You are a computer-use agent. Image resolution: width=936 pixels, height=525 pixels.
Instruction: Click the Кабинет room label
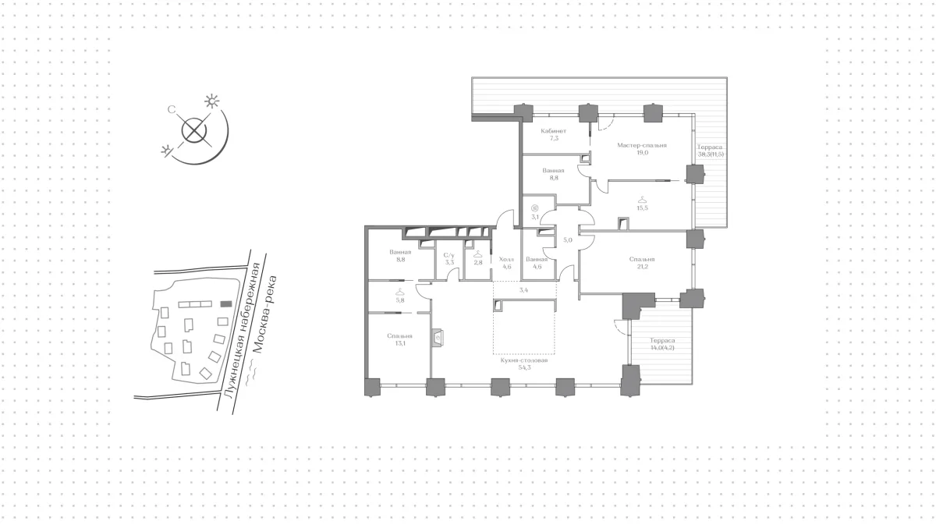pos(554,131)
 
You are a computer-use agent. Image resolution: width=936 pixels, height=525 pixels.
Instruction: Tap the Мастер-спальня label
pos(642,145)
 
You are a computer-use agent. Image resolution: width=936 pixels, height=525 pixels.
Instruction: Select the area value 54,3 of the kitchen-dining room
pos(524,368)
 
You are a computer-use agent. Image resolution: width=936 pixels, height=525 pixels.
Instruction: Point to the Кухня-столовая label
pos(524,360)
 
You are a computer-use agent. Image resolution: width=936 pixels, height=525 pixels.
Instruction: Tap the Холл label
pos(506,259)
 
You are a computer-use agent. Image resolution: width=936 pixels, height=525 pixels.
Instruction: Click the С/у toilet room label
pos(449,255)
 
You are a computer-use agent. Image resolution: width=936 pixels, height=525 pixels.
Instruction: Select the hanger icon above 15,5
pos(642,200)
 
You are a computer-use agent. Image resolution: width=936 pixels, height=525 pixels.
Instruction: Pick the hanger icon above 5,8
pos(400,292)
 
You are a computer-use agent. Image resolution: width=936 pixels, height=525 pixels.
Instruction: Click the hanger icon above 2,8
pos(478,254)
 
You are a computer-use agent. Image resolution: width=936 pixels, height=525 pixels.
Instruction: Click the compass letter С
pos(172,110)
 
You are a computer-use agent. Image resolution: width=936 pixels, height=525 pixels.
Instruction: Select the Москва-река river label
pos(265,314)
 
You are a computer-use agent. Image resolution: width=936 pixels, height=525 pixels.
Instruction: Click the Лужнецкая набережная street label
pos(243,330)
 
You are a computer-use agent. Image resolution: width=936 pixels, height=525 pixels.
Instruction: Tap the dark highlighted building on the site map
pos(226,304)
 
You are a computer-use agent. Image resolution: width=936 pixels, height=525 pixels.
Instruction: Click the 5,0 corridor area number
pos(568,240)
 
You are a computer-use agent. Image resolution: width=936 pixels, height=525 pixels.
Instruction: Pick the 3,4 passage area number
pos(523,289)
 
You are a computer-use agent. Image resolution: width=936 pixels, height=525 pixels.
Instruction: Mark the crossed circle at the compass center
pos(194,130)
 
